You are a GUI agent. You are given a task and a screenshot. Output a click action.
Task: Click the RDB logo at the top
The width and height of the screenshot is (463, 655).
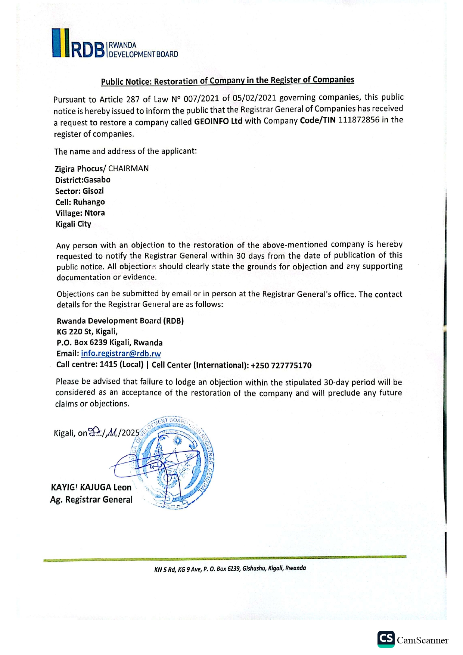coord(115,44)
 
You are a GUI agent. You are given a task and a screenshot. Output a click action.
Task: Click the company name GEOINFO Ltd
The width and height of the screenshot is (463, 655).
coord(218,121)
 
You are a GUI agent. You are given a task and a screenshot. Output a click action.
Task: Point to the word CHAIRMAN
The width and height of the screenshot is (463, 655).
coord(128,168)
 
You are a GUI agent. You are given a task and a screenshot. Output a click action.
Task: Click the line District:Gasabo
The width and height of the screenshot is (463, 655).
coord(83,180)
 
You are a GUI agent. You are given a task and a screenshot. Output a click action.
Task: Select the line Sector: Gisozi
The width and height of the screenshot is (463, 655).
coord(80,191)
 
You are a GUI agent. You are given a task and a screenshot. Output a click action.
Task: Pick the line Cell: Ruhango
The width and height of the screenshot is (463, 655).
coord(80,202)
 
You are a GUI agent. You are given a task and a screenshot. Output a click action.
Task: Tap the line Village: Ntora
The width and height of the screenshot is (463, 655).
coord(80,213)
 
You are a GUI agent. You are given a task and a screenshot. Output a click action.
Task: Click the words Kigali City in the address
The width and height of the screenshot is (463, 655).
coord(73,224)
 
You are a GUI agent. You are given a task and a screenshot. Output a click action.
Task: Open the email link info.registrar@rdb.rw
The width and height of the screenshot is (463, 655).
coord(121,353)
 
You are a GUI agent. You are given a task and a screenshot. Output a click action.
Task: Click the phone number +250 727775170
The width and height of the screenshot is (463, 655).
coord(281,365)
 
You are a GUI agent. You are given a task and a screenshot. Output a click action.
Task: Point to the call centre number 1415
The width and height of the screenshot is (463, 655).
coord(108,364)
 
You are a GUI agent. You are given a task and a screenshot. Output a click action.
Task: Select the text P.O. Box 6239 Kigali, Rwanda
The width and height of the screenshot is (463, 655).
coord(109,343)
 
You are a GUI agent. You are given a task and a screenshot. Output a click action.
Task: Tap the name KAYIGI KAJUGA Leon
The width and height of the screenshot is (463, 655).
coord(91,487)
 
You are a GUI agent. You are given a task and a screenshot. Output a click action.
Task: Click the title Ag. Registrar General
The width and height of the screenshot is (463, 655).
coord(91,500)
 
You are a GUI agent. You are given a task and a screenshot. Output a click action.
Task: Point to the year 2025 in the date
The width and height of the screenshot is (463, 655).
coord(130,433)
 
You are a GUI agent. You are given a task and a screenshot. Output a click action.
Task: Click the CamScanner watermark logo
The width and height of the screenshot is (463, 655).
coord(413,640)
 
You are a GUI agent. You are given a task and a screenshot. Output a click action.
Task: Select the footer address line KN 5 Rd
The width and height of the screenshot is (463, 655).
coord(230,569)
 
